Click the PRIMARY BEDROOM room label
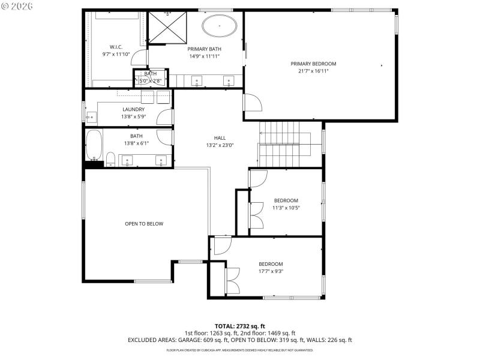313,64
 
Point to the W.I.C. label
116,47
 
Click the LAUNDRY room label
133,109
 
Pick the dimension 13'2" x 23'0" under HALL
220,145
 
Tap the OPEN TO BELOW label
144,224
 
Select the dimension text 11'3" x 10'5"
286,208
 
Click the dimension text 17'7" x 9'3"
271,271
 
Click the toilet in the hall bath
110,159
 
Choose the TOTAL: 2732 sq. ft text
239,326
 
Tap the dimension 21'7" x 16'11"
313,71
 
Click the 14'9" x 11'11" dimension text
204,56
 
